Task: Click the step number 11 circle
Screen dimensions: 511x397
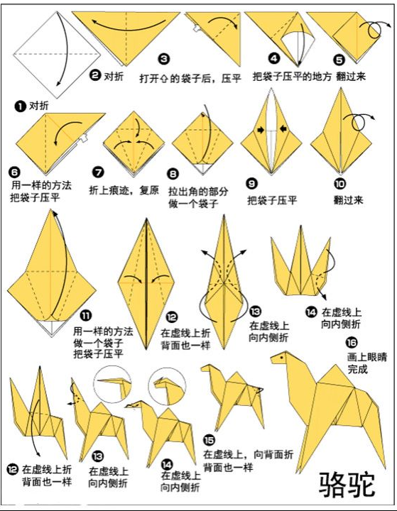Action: pyautogui.click(x=85, y=316)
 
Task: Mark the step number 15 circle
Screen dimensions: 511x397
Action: pyautogui.click(x=209, y=439)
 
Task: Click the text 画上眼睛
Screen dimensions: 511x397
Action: pyautogui.click(x=362, y=357)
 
